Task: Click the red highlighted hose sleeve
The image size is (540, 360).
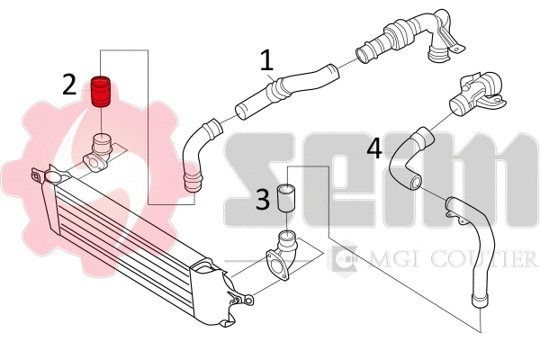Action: coord(103,91)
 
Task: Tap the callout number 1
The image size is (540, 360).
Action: coord(266,60)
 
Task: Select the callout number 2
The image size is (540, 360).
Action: coord(70,85)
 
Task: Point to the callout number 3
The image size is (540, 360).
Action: coord(262,199)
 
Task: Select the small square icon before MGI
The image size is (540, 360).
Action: coord(343,260)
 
